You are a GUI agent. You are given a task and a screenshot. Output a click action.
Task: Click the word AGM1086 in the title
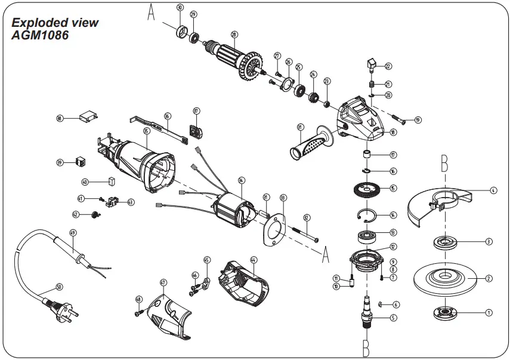40,35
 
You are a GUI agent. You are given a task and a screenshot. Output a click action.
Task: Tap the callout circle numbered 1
489,312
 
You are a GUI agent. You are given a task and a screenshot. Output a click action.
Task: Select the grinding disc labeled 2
445,277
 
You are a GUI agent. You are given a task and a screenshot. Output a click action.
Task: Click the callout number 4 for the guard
493,190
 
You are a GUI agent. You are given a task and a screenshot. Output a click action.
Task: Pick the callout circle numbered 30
180,8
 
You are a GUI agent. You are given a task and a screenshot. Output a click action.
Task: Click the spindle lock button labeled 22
370,63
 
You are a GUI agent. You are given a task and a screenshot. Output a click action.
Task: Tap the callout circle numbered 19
418,120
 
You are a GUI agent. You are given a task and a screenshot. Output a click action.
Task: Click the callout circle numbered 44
253,260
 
